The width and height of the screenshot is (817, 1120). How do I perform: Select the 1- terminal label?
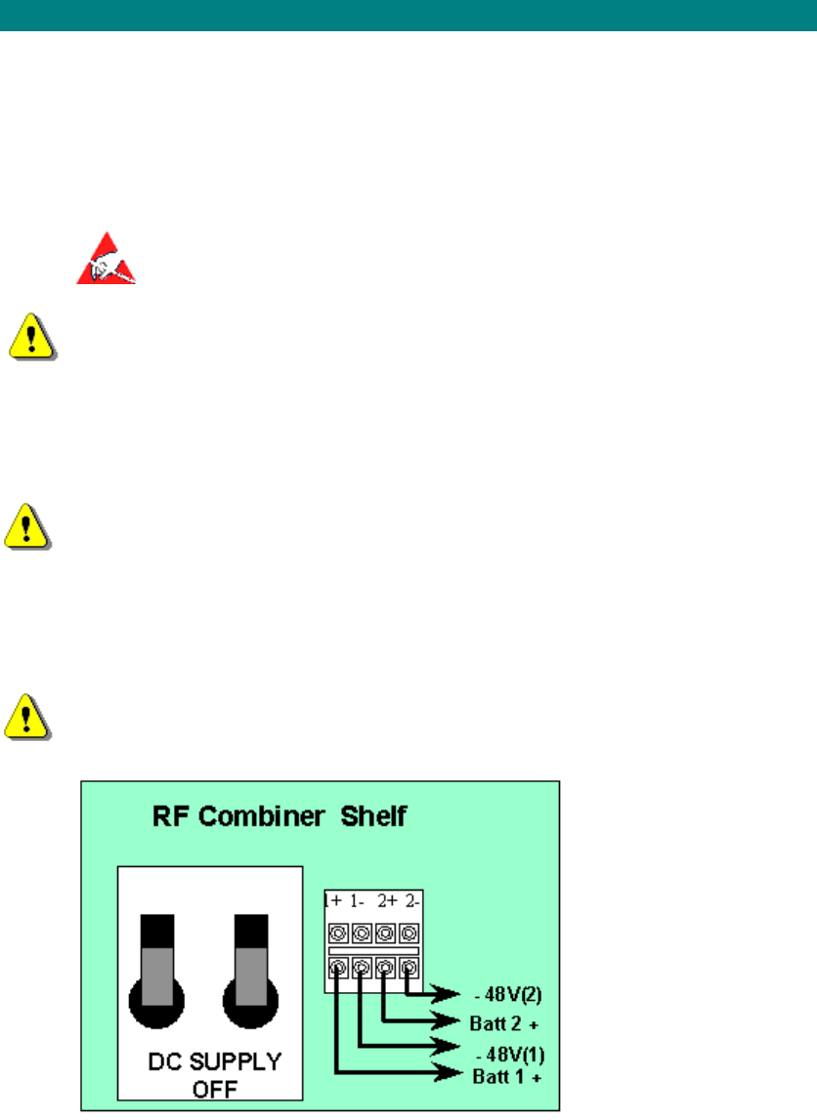[x=359, y=899]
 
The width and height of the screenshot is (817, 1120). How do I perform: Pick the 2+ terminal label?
[x=386, y=899]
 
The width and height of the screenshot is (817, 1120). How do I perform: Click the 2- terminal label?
[x=410, y=899]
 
